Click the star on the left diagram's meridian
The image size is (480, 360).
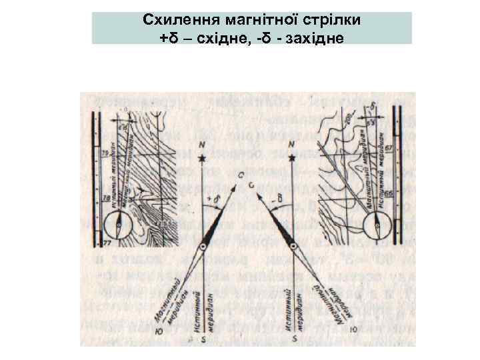202,159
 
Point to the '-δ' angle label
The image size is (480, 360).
281,198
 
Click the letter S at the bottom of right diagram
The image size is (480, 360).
294,339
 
